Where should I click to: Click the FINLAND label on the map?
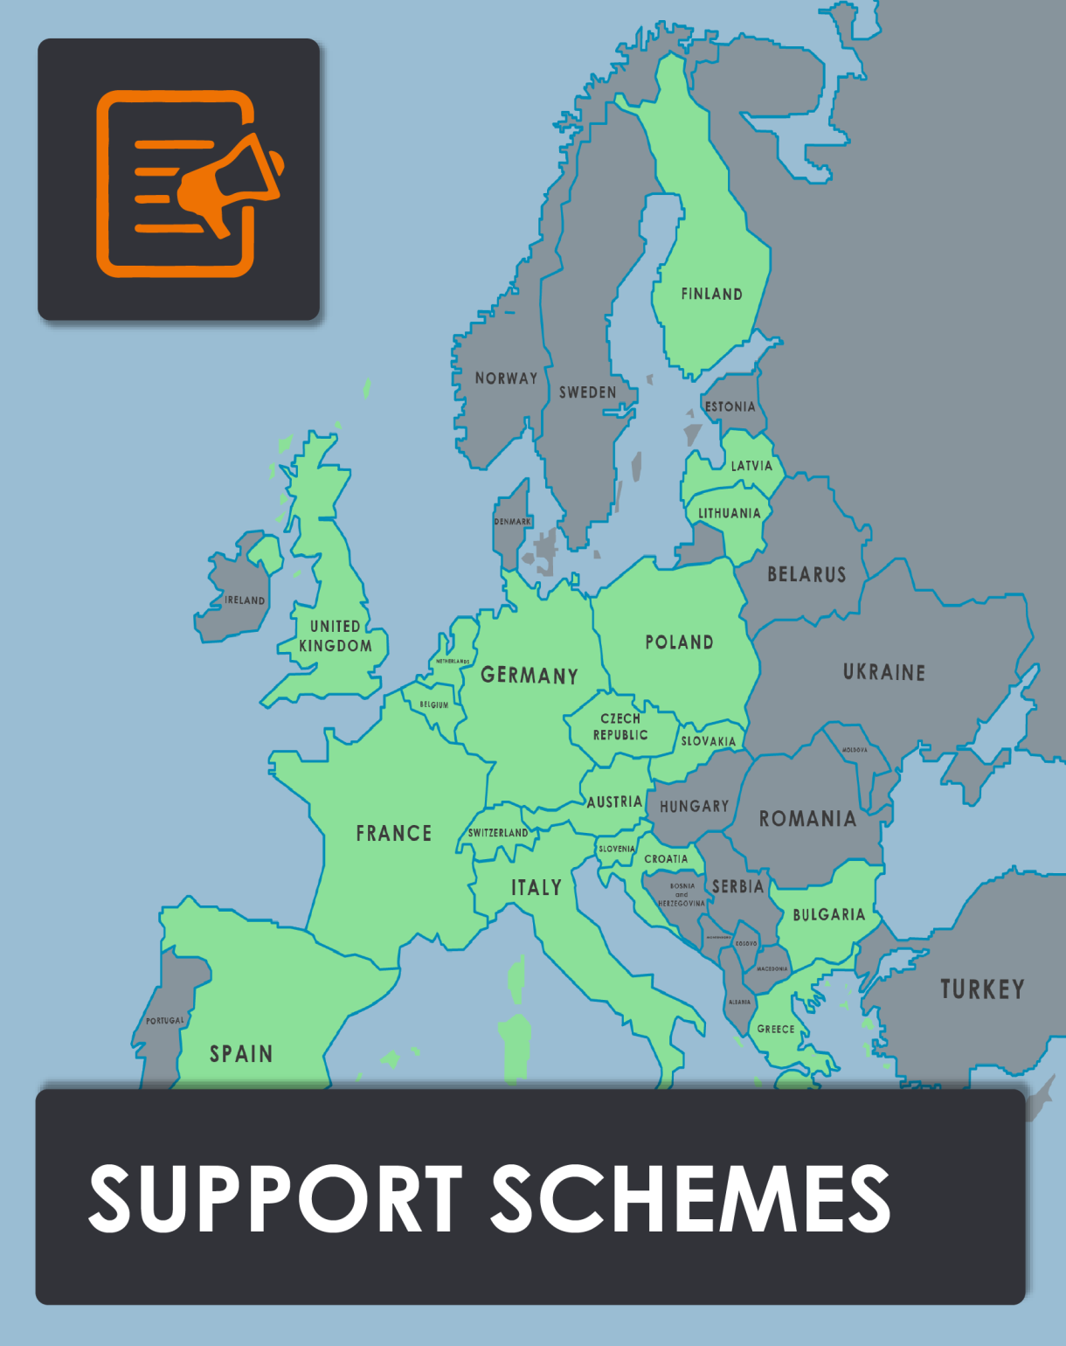click(x=711, y=295)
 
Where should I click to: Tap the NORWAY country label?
click(x=506, y=378)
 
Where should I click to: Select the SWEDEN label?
click(x=587, y=392)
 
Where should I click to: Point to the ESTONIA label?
click(x=730, y=406)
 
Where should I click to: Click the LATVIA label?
click(x=751, y=466)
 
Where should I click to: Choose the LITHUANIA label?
click(x=729, y=513)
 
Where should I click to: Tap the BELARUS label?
click(x=806, y=574)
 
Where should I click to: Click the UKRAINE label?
click(x=883, y=672)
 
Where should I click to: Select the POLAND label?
click(x=679, y=642)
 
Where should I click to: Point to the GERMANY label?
click(x=530, y=676)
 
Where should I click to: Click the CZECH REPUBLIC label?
click(x=620, y=726)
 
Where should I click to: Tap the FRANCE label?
click(x=393, y=833)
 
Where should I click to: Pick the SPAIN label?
click(x=241, y=1054)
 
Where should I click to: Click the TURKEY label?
click(x=982, y=989)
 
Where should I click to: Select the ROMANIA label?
click(x=807, y=819)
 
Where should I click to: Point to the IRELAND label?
click(x=245, y=600)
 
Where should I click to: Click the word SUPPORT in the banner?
click(x=275, y=1198)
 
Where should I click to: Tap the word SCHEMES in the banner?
click(x=690, y=1198)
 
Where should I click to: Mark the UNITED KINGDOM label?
click(x=336, y=636)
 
